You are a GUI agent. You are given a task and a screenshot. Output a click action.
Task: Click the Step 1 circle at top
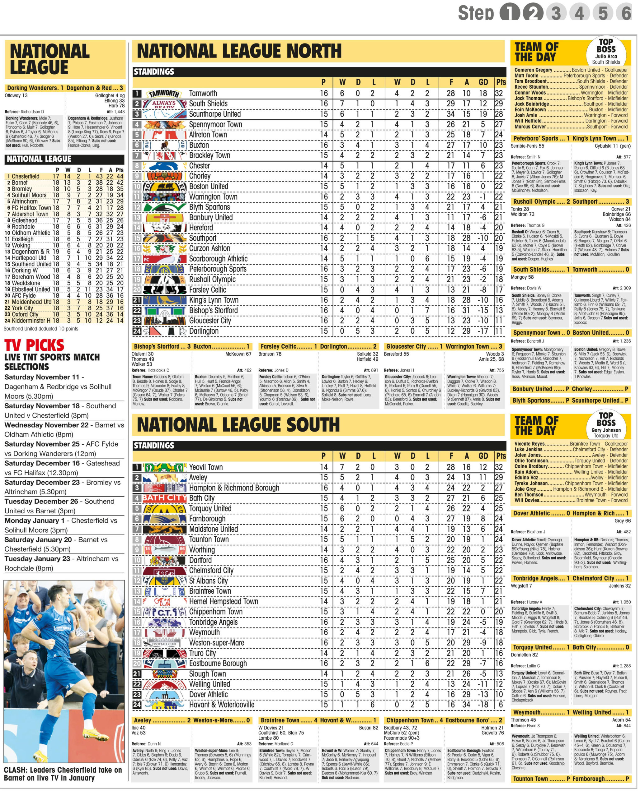pyautogui.click(x=510, y=13)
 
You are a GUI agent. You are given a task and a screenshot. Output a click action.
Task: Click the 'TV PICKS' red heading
pyautogui.click(x=34, y=345)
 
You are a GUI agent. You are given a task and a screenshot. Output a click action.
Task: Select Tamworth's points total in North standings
pyautogui.click(x=499, y=93)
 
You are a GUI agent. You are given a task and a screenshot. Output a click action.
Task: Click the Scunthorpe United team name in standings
pyautogui.click(x=215, y=114)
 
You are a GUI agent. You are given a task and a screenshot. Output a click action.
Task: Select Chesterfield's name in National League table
pyautogui.click(x=26, y=177)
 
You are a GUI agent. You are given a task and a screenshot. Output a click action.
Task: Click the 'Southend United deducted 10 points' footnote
pyautogui.click(x=41, y=329)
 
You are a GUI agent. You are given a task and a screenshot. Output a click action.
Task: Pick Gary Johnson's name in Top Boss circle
pyautogui.click(x=606, y=430)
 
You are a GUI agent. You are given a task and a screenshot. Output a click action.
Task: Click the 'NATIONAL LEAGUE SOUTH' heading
pyautogui.click(x=238, y=424)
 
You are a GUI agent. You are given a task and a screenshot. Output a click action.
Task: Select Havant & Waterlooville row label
pyautogui.click(x=222, y=705)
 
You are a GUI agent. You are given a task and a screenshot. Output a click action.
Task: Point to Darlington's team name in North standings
pyautogui.click(x=204, y=331)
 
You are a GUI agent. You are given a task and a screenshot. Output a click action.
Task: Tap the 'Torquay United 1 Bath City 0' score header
pyautogui.click(x=571, y=647)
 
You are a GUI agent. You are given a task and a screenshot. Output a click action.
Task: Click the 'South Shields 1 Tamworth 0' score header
pyautogui.click(x=571, y=270)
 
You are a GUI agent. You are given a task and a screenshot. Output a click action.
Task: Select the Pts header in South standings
pyautogui.click(x=501, y=456)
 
